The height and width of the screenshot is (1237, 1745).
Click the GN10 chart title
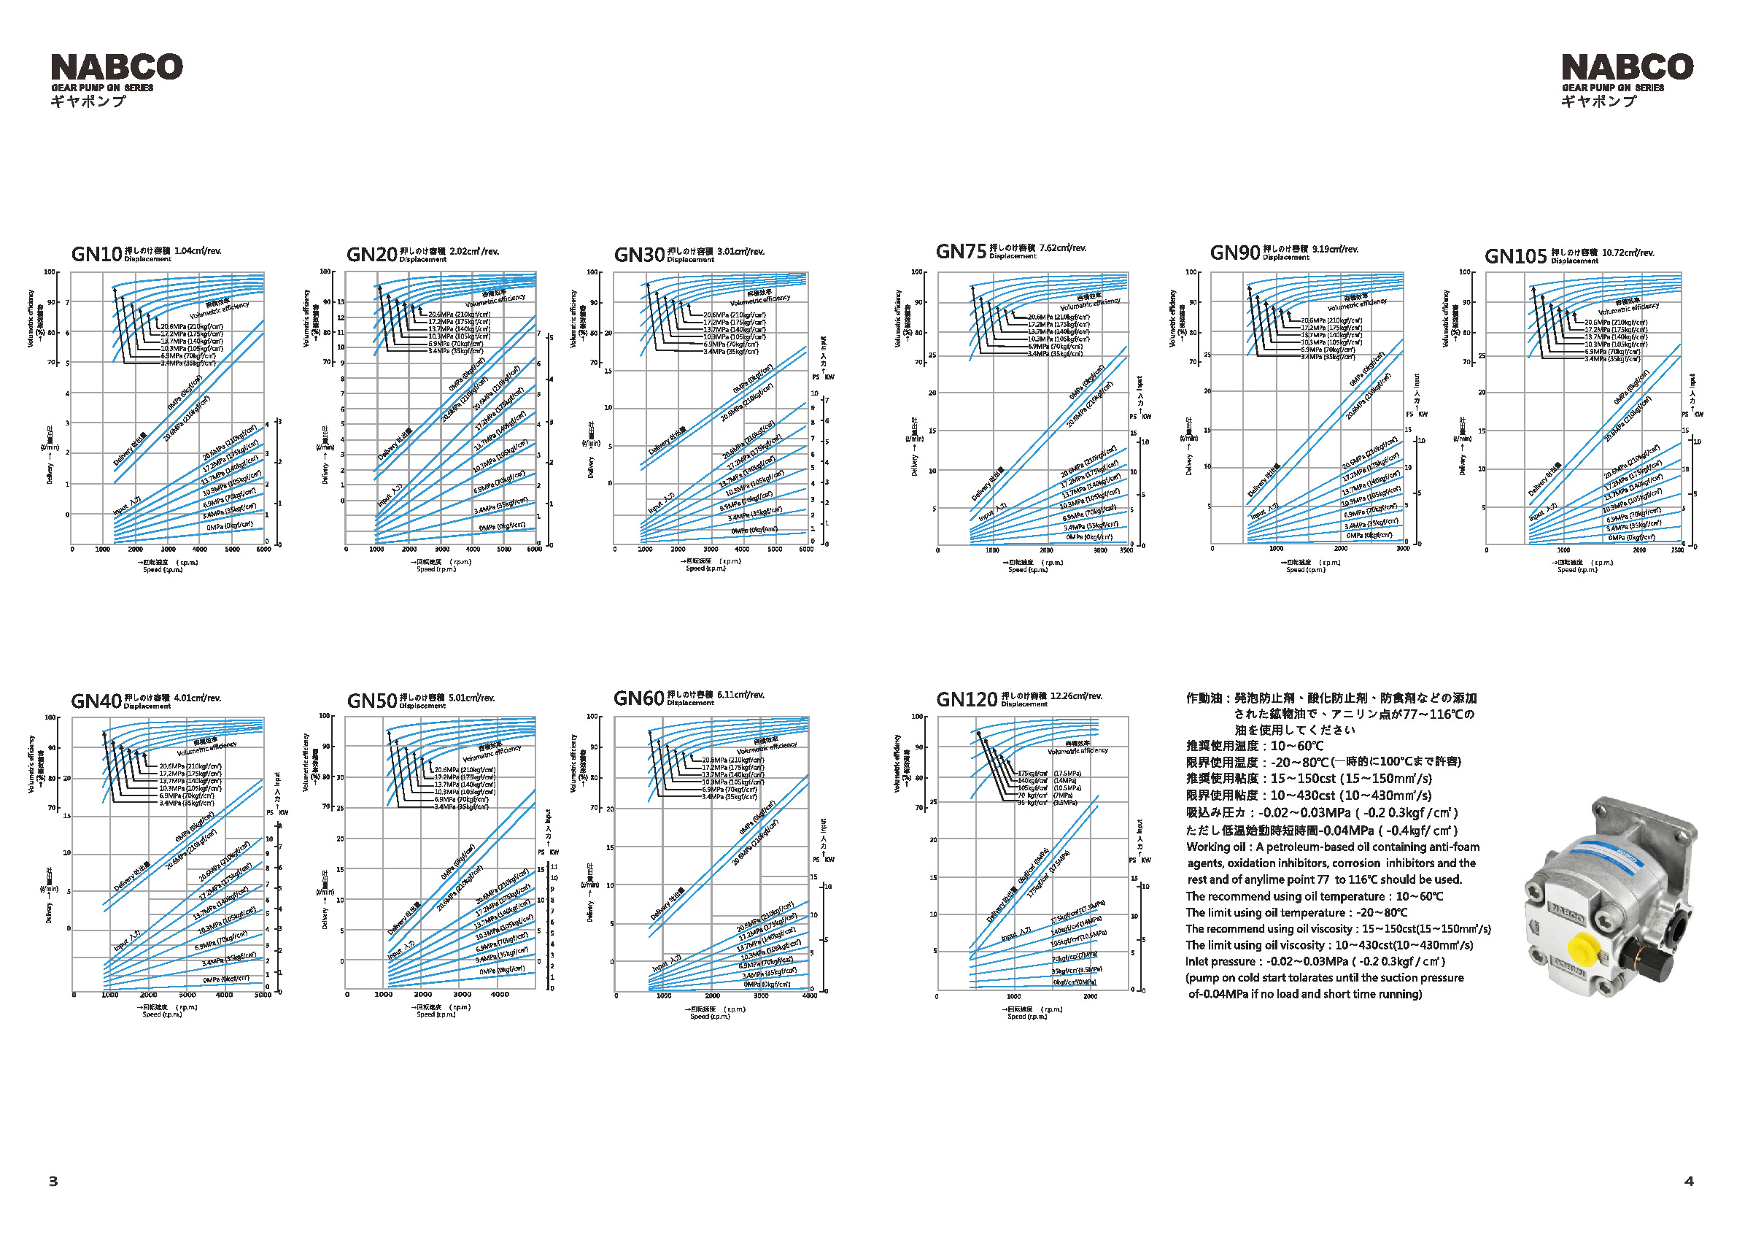pos(97,254)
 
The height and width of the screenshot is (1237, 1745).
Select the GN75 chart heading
pos(961,251)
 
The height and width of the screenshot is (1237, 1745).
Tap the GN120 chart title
pos(966,699)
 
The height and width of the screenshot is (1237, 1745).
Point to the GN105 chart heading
pos(1515,256)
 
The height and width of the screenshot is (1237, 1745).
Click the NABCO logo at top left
pos(117,67)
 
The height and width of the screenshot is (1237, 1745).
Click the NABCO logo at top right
pos(1627,67)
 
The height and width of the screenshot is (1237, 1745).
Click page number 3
pos(53,1182)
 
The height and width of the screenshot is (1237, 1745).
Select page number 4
pos(1689,1182)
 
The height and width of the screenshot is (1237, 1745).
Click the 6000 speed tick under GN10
pos(263,550)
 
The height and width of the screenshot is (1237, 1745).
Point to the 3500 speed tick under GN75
pos(1124,550)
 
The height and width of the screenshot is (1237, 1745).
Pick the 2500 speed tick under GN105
pos(1677,550)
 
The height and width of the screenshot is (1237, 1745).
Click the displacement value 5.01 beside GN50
pos(459,698)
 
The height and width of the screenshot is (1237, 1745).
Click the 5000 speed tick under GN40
pos(262,995)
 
